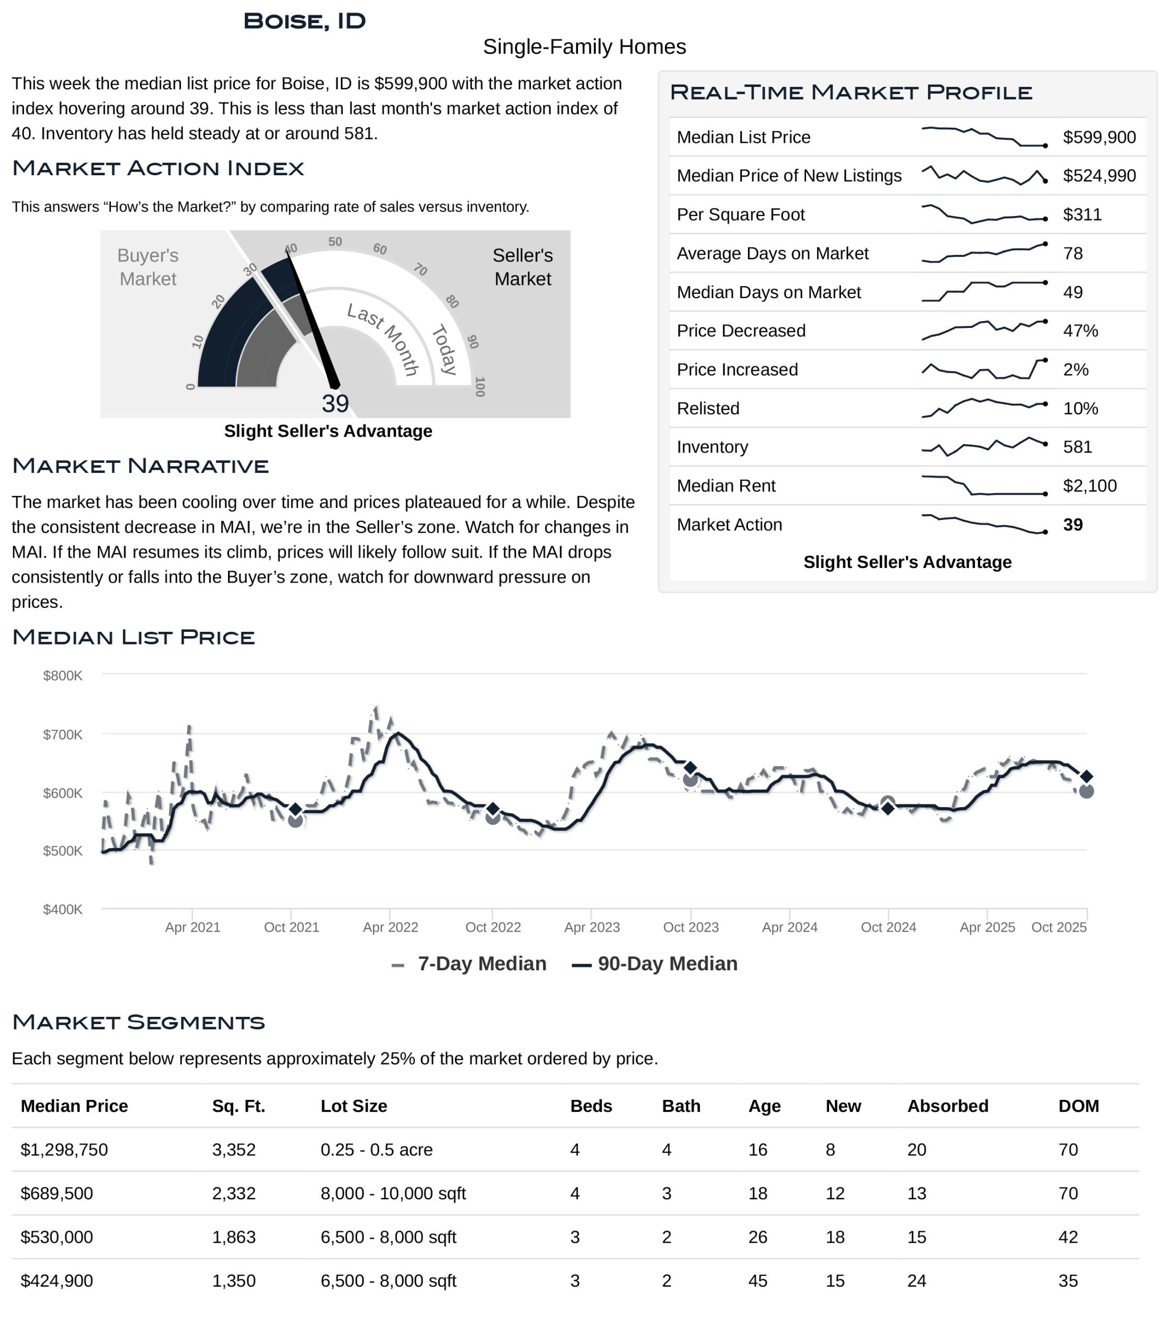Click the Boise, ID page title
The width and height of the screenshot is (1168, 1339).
point(304,21)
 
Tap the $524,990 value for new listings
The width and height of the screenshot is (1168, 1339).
point(1099,176)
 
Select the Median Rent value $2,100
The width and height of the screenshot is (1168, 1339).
point(1089,486)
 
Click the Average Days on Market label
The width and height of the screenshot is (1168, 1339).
point(773,254)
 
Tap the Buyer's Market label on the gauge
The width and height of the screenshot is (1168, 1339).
point(148,267)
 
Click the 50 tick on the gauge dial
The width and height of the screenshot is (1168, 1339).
point(335,242)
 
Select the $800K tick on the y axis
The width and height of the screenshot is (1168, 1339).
point(63,676)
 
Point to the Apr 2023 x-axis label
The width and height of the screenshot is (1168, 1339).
point(592,928)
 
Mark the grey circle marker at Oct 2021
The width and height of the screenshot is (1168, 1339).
point(295,820)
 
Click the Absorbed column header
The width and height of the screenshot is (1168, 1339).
point(948,1106)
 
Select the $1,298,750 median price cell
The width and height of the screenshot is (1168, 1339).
point(64,1150)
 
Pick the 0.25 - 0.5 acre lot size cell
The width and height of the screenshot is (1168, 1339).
point(377,1150)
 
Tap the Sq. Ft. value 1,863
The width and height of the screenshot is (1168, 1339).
point(234,1238)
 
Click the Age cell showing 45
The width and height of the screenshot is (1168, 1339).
point(757,1281)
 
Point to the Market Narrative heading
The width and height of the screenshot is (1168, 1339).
point(140,466)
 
